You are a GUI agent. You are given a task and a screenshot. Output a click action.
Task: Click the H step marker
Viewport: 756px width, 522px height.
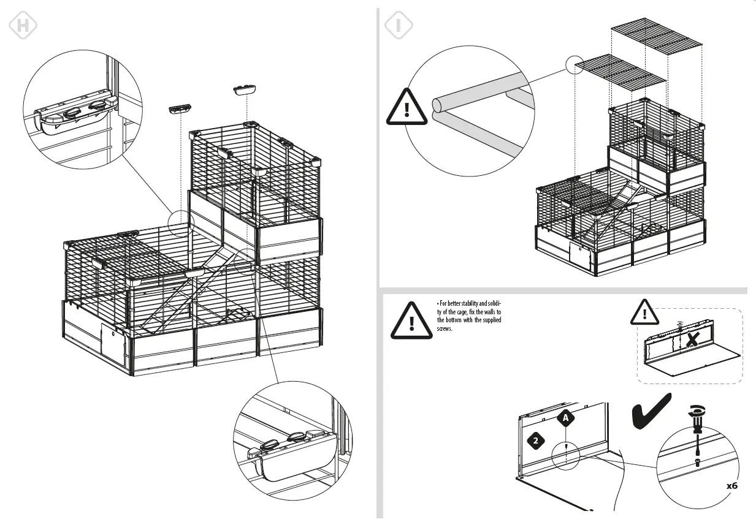(23, 26)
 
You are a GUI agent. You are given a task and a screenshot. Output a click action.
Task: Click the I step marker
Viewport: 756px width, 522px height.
(398, 26)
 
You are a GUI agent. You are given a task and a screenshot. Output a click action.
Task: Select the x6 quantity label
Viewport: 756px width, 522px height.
(731, 486)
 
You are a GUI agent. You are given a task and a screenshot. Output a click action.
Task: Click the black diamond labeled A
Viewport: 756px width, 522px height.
(567, 417)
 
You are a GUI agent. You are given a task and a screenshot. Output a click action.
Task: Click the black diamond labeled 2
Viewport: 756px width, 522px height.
(535, 441)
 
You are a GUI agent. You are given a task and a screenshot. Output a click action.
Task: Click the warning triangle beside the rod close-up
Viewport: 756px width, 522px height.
(407, 110)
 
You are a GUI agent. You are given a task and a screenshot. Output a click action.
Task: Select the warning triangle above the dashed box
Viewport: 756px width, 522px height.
(645, 312)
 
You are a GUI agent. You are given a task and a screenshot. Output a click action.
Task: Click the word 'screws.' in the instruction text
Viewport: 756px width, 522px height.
(445, 329)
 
